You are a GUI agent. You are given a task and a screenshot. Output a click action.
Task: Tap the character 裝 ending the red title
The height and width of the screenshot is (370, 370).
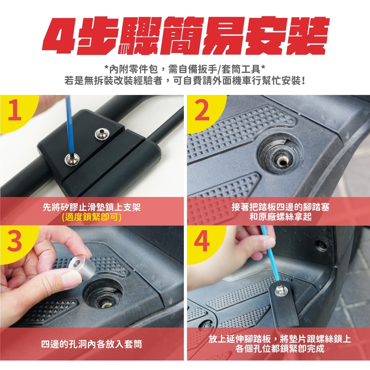[x=305, y=36]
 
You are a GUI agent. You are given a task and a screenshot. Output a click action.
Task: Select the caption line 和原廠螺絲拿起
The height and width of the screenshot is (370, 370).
[x=280, y=217]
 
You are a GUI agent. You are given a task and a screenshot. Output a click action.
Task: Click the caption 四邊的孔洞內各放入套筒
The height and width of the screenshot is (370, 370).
[x=92, y=344]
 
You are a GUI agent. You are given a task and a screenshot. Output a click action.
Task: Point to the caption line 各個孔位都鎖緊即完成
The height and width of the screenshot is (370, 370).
[x=280, y=348]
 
